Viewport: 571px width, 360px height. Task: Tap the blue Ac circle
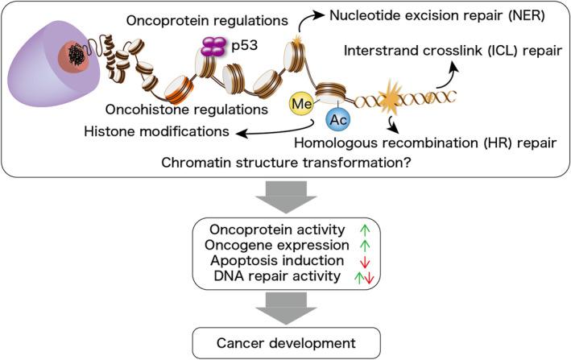(338, 120)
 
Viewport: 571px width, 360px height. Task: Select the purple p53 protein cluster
(211, 48)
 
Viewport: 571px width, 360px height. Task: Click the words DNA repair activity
(269, 276)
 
